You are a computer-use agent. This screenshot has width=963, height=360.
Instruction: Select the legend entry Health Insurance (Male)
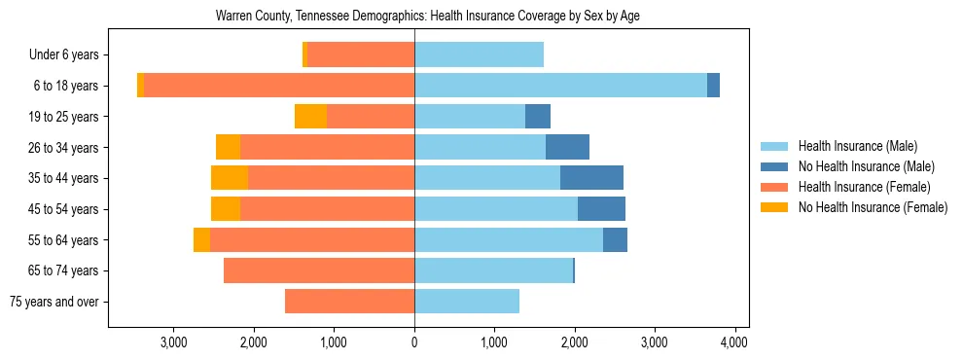click(857, 146)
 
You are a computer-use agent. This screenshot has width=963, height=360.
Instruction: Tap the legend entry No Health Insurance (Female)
click(873, 207)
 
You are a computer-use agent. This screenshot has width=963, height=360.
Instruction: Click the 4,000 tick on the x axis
click(734, 342)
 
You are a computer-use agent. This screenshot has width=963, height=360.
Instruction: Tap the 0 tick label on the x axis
click(414, 342)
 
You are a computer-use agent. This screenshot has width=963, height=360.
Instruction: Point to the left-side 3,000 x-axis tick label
click(174, 342)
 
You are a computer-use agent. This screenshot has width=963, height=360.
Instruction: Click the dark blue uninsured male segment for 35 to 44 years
click(591, 178)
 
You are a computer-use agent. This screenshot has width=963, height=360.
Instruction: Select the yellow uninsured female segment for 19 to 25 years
click(310, 117)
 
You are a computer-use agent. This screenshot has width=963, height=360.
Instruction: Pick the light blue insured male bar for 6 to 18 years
click(560, 86)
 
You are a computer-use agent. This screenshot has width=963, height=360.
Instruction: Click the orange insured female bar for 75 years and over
click(349, 302)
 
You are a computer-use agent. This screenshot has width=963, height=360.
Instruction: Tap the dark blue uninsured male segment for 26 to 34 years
click(567, 147)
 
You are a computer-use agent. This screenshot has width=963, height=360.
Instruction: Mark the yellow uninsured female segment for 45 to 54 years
click(226, 209)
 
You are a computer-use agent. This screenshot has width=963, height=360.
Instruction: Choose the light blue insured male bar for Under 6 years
click(479, 55)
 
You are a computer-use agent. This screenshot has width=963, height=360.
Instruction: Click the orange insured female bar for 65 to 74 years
click(319, 270)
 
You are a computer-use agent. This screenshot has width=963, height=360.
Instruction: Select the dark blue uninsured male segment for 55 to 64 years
click(615, 239)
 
